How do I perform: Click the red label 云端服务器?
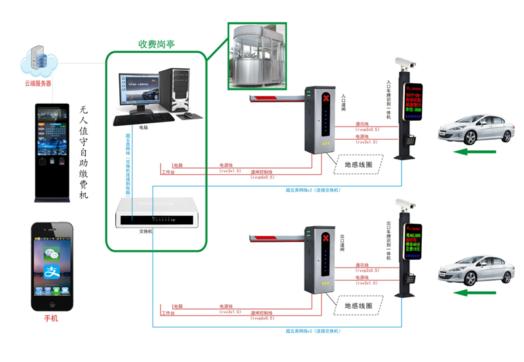pos(38,83)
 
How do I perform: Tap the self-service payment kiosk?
pos(52,151)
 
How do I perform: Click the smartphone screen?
pos(52,266)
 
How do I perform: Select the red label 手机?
pos(51,318)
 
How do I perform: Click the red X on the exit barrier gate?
pos(326,237)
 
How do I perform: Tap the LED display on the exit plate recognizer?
pos(415,239)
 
